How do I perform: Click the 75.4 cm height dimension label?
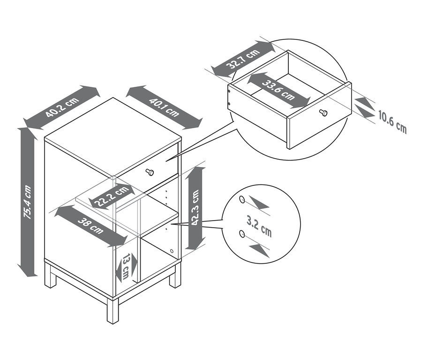(28, 202)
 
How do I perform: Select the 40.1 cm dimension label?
(164, 107)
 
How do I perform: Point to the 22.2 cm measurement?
(111, 196)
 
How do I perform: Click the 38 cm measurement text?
(90, 225)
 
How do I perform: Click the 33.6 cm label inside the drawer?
(279, 90)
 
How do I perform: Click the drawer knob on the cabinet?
(150, 172)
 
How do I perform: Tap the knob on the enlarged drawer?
(323, 113)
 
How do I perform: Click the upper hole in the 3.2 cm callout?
(242, 199)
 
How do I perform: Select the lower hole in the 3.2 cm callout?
(241, 233)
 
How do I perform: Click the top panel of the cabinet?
(113, 131)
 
